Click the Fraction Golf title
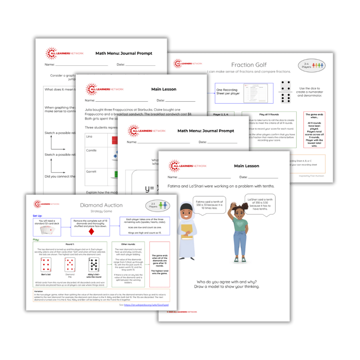pos(249,65)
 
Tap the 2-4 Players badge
pos(311,65)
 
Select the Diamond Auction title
pos(101,205)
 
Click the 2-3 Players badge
pos(157,206)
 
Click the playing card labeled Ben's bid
pos(46,265)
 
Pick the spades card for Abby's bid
pos(94,265)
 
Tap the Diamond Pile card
pos(70,264)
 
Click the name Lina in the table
pos(89,137)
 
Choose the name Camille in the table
pos(92,150)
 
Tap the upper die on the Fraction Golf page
pos(286,86)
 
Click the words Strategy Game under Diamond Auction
pos(101,211)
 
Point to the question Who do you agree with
pos(224,281)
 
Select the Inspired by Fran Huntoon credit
pos(311,176)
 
